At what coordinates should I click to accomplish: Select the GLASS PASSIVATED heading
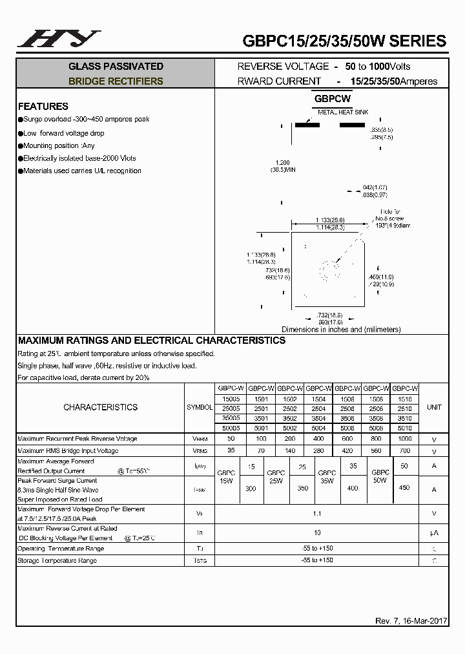coord(116,67)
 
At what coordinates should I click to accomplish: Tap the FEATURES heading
coord(43,106)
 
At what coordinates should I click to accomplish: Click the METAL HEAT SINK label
coord(342,112)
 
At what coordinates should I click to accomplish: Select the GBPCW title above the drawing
coord(333,99)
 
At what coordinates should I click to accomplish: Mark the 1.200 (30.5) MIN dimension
coord(282,165)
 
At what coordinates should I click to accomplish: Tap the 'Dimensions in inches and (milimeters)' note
coord(341,330)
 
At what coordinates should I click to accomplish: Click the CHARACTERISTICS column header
coord(100,407)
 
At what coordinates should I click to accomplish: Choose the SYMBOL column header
coord(200,408)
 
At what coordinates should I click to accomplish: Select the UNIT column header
coord(434,407)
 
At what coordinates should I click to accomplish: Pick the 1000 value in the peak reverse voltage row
coord(405,439)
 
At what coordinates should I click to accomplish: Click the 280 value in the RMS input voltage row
coord(318,450)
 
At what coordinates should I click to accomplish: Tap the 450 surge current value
coord(405,489)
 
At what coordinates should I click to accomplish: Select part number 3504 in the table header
coord(318,418)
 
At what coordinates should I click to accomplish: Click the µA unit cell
coord(434,533)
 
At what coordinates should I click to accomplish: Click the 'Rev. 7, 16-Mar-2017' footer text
coord(411,621)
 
